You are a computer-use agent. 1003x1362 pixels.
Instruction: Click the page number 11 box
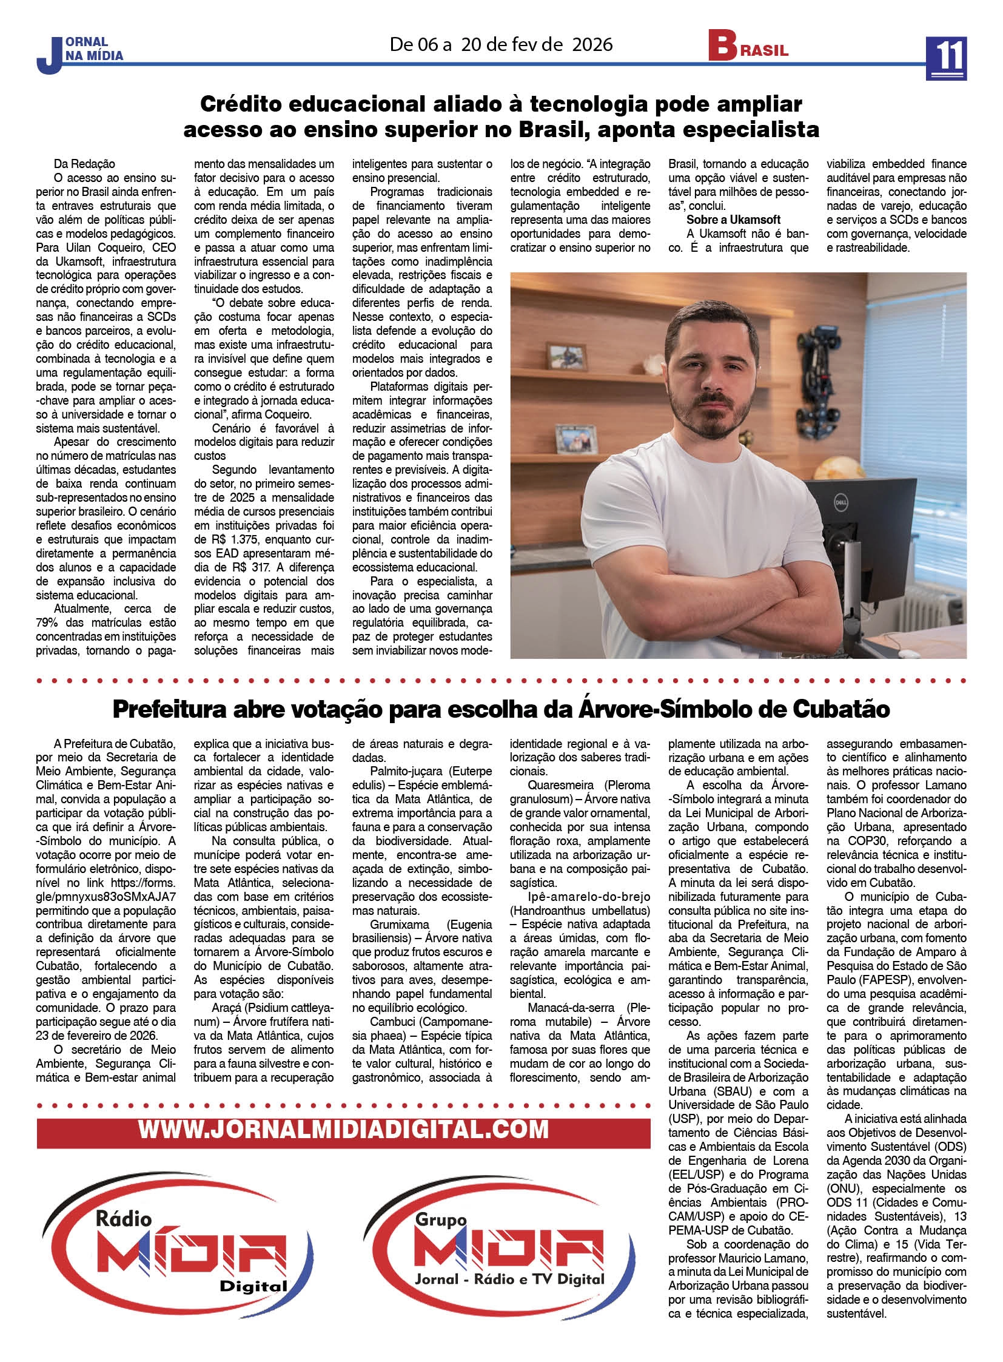[946, 58]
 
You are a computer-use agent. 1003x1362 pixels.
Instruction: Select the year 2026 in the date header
[592, 44]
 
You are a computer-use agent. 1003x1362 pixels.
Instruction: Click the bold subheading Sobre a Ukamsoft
[733, 220]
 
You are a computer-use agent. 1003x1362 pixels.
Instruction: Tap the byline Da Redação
[84, 164]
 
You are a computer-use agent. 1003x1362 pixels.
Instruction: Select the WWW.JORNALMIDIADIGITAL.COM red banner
[343, 1129]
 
